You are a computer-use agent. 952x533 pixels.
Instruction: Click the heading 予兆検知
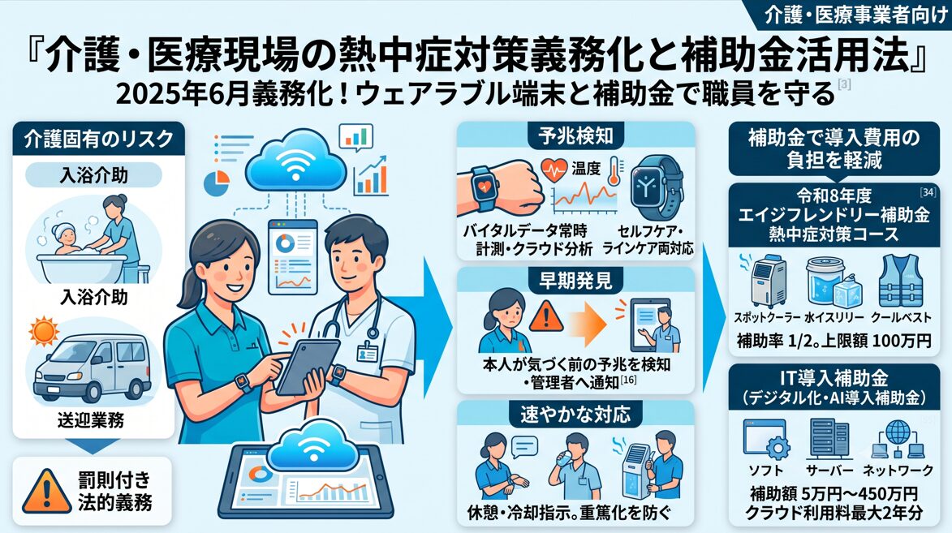(575, 136)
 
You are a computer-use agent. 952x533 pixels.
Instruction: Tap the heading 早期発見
(575, 281)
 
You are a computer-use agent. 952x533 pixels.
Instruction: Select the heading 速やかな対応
(575, 415)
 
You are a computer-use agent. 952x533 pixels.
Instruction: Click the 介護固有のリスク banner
(98, 139)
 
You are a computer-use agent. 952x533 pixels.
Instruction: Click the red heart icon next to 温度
(554, 170)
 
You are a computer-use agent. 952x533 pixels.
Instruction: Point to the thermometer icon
(614, 170)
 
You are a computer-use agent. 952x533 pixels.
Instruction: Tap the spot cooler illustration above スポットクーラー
(768, 281)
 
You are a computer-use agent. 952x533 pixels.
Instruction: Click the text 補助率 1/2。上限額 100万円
(834, 341)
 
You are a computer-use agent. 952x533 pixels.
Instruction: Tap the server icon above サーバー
(829, 439)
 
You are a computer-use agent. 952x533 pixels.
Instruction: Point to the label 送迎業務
(91, 420)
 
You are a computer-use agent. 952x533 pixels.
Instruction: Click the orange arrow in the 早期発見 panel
(587, 323)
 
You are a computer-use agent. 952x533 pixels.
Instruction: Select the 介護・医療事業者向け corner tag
(855, 15)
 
